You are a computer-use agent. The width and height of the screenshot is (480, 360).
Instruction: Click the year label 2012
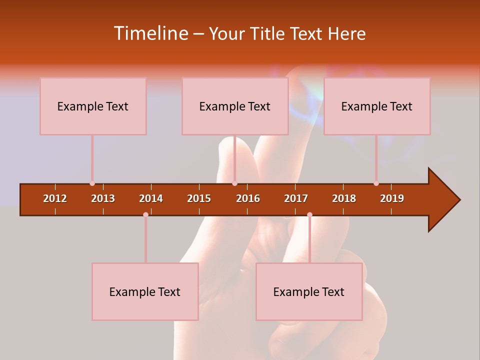[55, 198]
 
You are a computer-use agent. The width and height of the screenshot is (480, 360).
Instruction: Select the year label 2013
[103, 198]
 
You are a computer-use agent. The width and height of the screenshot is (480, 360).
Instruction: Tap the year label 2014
[151, 198]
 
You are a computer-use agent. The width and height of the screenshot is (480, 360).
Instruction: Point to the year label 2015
[199, 198]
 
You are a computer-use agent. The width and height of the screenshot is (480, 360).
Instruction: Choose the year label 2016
[248, 198]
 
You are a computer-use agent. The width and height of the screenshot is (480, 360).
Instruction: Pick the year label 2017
[296, 198]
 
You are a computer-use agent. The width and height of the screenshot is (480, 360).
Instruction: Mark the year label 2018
[344, 198]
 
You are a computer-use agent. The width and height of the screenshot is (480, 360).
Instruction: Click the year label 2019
[392, 198]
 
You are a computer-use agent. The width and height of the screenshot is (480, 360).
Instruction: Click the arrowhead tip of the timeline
[459, 200]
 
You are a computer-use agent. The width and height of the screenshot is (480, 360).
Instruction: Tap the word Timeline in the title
[150, 33]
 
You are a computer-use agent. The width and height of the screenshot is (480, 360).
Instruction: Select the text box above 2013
[93, 106]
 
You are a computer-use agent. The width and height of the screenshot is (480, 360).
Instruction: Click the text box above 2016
[235, 106]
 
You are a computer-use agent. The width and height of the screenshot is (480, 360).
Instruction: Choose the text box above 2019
[377, 106]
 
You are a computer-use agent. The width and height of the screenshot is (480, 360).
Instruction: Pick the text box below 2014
[145, 292]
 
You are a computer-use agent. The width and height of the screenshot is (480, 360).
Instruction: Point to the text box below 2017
[309, 292]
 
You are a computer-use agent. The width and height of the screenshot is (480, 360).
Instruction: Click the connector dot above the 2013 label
[92, 183]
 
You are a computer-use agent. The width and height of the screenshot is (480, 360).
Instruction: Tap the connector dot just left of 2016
[234, 183]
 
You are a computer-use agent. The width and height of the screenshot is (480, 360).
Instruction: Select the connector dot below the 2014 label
[145, 214]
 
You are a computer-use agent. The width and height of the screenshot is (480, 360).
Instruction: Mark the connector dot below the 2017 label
[309, 214]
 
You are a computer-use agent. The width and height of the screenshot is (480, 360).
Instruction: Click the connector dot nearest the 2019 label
[376, 183]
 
